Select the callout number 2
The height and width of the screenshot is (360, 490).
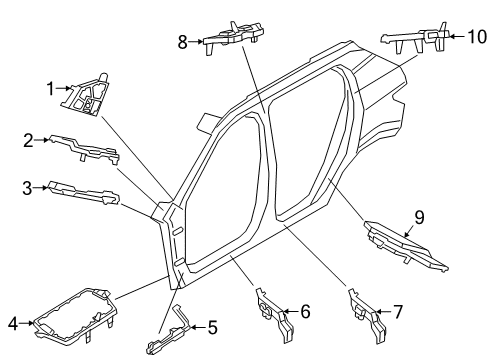coord(29,140)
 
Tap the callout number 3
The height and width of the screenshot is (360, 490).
coord(28,186)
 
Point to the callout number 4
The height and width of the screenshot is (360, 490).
coord(13,322)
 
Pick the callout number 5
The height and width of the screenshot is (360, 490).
coord(212,326)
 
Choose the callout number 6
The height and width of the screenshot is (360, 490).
coord(305,312)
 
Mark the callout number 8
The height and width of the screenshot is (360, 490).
coord(183,42)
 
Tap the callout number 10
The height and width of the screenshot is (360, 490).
coord(474,36)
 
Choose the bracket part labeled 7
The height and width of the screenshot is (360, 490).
coord(364,309)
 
